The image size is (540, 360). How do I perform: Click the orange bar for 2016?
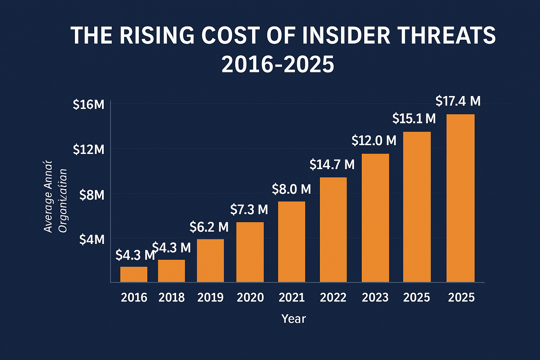134,274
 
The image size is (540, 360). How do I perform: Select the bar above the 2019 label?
210,261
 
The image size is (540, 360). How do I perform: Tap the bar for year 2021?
291,242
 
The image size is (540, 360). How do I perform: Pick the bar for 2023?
375,218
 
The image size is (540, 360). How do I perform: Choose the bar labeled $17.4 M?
460,198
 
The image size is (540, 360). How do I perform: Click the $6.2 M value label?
209,227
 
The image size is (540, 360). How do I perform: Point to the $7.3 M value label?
249,210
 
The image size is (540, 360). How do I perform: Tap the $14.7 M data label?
332,165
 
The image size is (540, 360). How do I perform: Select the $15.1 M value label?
414,118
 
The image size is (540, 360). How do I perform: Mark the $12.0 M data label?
374,141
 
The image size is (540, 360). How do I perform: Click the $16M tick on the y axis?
89,104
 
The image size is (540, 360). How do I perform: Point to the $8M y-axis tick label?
92,195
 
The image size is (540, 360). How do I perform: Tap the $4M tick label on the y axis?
92,239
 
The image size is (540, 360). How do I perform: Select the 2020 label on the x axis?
250,298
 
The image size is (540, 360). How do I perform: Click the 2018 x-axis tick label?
172,298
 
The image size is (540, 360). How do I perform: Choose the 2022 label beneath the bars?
333,298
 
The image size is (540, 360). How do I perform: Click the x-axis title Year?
294,319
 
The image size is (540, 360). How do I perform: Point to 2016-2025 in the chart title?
278,64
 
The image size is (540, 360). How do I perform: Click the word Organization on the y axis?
63,201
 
